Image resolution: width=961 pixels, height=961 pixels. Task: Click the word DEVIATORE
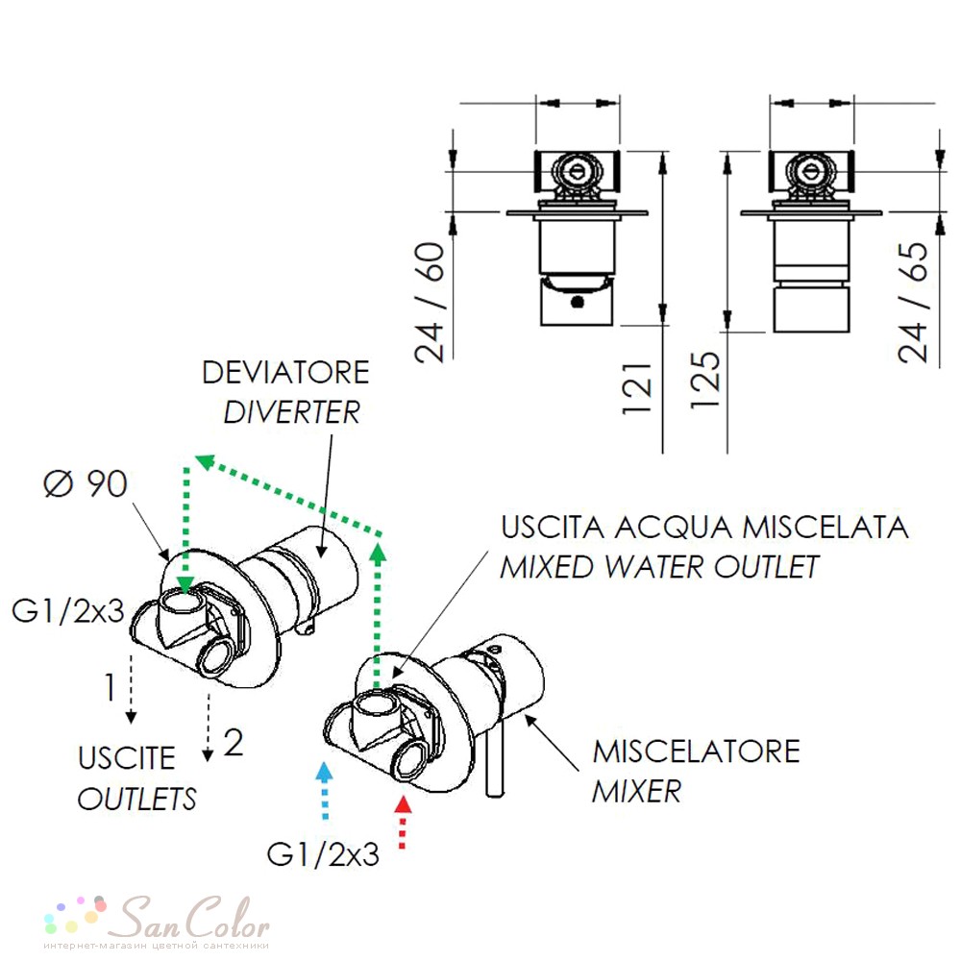285,373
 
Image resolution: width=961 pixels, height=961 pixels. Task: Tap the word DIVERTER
292,412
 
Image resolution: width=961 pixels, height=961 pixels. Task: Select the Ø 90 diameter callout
86,483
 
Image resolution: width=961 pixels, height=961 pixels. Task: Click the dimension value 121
637,388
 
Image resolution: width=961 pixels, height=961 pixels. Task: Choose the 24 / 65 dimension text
913,302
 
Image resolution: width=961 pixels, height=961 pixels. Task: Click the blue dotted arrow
324,790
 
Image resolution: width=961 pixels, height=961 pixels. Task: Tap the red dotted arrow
402,822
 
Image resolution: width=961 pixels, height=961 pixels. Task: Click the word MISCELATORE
696,752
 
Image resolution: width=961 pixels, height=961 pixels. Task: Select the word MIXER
636,791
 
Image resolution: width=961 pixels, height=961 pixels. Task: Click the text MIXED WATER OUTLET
659,567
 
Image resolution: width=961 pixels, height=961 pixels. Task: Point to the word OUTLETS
136,799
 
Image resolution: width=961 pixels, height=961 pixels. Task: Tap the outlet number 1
111,687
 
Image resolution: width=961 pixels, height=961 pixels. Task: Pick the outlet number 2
234,743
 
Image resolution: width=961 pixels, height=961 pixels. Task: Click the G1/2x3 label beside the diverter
68,611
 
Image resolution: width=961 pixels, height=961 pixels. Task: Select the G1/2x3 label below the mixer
323,854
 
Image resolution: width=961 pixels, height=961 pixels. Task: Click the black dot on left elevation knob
577,302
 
